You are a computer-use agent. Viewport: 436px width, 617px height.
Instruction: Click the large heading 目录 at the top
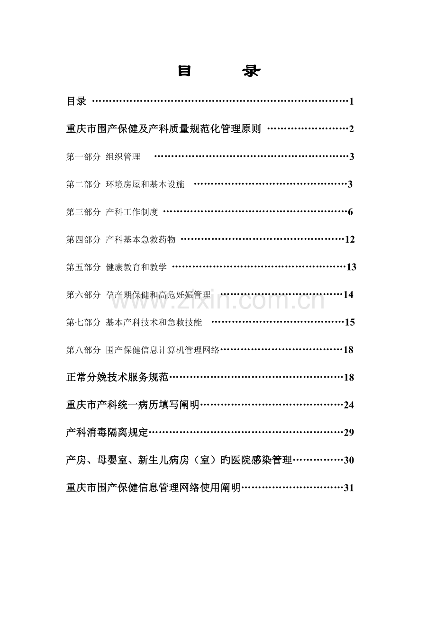click(219, 72)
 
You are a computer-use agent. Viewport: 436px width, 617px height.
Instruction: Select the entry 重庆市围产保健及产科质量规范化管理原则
click(163, 129)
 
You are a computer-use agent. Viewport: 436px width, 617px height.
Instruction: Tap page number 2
click(352, 129)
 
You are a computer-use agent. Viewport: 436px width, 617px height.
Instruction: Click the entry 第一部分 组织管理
click(103, 157)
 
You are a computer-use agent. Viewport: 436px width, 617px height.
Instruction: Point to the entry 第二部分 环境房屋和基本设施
click(125, 184)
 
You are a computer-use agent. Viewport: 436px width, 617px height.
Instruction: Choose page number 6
click(350, 212)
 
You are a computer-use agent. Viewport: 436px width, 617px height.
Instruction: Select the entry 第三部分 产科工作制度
click(112, 212)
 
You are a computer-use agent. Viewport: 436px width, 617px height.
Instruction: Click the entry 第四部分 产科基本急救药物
click(121, 240)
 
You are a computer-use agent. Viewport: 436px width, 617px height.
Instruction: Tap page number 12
click(350, 240)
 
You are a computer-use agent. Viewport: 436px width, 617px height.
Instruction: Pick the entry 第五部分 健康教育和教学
click(117, 267)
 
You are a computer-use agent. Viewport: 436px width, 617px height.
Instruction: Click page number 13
click(351, 267)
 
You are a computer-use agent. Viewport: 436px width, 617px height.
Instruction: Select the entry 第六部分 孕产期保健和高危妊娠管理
click(138, 295)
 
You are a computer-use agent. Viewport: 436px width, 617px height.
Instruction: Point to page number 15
click(350, 323)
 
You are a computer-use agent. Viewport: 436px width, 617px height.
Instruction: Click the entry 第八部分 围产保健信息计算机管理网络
click(143, 350)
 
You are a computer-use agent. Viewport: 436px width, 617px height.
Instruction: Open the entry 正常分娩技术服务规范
click(118, 378)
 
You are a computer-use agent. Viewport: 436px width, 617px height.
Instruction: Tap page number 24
click(349, 405)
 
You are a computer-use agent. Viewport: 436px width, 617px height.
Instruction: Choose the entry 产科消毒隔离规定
click(108, 433)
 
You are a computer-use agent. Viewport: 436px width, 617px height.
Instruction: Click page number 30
click(349, 460)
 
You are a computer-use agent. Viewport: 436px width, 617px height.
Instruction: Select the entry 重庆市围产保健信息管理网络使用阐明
click(154, 488)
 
